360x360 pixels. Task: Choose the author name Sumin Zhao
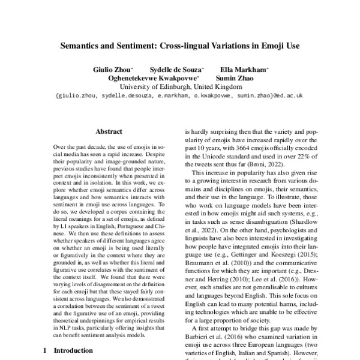pyautogui.click(x=230, y=78)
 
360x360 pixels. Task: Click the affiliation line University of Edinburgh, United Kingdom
pyautogui.click(x=180, y=86)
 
